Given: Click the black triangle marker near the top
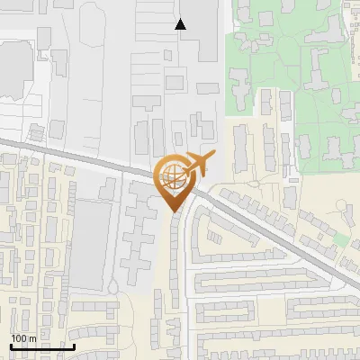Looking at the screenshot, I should tap(181, 24).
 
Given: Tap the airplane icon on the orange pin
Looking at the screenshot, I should tap(198, 166).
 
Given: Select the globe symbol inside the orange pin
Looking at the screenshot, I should tap(172, 177).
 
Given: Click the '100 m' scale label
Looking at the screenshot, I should tap(24, 338).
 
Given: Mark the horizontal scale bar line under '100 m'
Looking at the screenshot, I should tap(41, 346).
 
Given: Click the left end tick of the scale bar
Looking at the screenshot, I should tap(11, 346).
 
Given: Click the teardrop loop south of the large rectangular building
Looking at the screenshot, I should tap(112, 286).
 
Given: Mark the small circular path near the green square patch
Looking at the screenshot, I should tap(346, 211).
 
